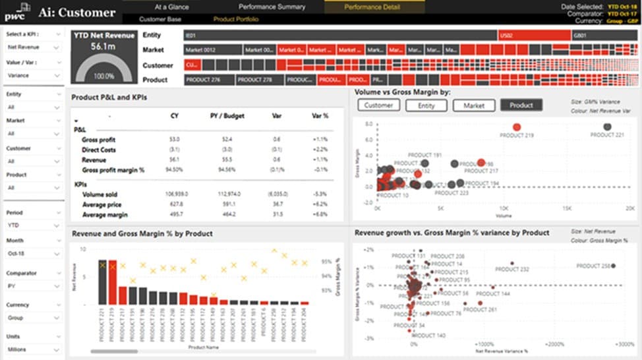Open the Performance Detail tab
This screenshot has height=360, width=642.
point(372,7)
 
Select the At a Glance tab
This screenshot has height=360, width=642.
point(171,7)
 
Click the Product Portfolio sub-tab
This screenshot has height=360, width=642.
point(236,19)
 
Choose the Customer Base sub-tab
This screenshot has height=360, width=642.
point(160,19)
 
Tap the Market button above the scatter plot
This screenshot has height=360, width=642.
point(474,105)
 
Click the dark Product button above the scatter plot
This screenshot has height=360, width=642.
point(521,105)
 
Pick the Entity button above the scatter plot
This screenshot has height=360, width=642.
point(426,105)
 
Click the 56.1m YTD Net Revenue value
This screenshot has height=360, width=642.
point(103,46)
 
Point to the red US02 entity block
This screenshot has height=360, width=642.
point(533,35)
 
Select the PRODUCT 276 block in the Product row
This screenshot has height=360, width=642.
point(208,80)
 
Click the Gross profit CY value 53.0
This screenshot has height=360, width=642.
point(174,139)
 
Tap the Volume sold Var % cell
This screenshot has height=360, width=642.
point(320,194)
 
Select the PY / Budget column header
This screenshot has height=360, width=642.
point(227,116)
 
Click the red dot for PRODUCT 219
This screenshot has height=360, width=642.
point(516,127)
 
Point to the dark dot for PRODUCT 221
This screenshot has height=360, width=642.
point(607,127)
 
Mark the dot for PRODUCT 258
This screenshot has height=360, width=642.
point(613,266)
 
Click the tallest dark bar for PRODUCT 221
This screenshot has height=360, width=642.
point(102,282)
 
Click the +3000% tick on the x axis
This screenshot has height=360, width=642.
point(624,344)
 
